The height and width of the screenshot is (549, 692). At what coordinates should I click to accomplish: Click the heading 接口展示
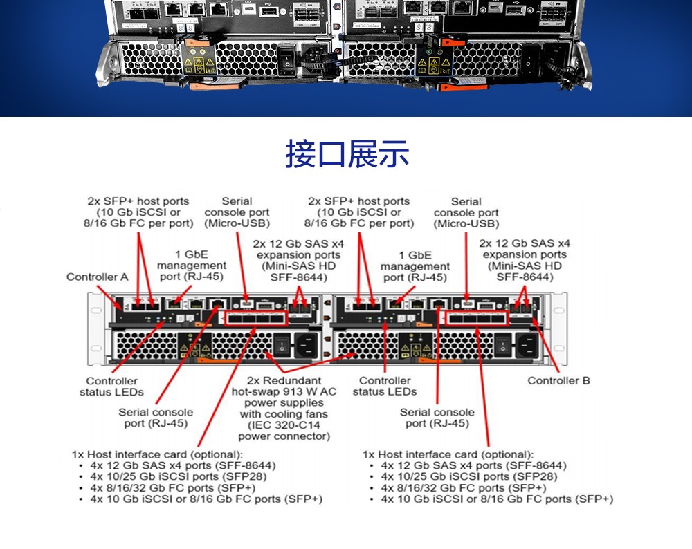(347, 154)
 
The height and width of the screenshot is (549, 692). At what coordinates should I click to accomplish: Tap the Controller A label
(98, 277)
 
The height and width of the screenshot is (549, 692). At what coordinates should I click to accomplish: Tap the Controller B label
(558, 380)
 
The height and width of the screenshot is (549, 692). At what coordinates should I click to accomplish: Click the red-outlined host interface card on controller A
(254, 319)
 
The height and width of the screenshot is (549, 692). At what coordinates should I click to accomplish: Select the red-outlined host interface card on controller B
(477, 319)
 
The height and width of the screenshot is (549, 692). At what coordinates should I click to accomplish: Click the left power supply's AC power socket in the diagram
(307, 345)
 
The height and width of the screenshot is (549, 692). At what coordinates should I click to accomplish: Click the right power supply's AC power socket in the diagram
(528, 345)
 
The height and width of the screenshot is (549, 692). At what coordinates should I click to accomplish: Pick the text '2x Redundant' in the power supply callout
(284, 380)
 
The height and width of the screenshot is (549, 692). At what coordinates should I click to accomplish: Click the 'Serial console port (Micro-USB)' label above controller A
(237, 212)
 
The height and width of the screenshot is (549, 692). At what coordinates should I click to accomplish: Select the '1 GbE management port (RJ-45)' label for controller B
(415, 266)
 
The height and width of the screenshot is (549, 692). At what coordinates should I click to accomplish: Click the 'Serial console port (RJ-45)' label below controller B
(437, 418)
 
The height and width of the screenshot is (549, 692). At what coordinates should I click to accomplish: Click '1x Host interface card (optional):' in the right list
(448, 454)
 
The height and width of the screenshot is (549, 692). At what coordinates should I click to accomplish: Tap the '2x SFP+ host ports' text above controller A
(138, 201)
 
